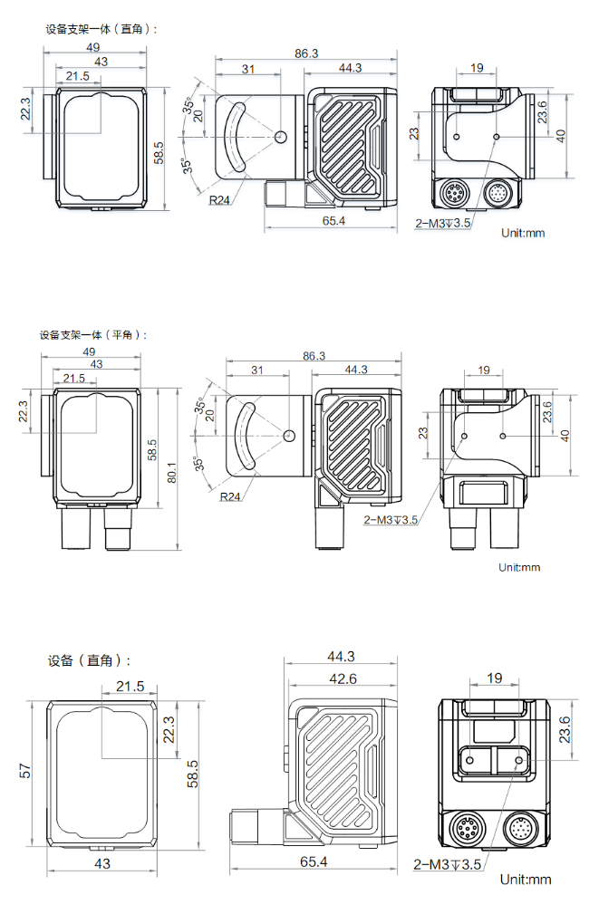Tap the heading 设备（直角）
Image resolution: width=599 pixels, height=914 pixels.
coord(89,660)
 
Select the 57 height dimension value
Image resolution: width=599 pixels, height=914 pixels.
coord(25,771)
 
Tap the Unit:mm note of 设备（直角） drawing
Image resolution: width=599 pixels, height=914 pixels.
coord(526,879)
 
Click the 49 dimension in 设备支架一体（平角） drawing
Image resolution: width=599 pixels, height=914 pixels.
coord(89,351)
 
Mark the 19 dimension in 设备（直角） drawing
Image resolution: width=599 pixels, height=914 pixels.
coord(494,678)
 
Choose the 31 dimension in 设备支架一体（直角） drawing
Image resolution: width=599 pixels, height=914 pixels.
coord(247,69)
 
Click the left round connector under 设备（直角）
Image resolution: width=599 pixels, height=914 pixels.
coord(462,829)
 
